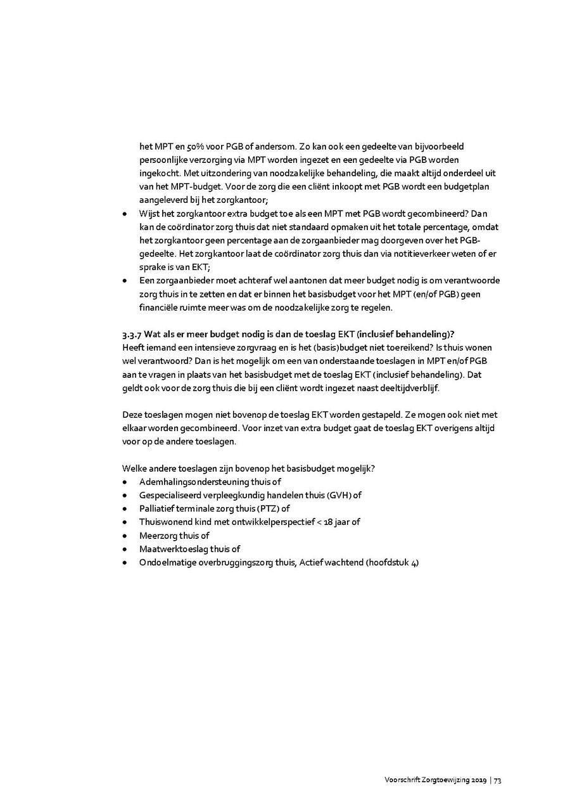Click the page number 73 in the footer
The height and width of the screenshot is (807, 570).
click(498, 780)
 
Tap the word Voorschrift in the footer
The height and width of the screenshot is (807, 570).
click(400, 780)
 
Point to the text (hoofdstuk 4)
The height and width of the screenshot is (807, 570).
click(392, 562)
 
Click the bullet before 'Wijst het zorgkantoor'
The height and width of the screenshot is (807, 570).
click(125, 214)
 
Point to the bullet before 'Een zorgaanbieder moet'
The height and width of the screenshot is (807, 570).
click(125, 281)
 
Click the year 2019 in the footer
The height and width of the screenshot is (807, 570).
click(478, 780)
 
